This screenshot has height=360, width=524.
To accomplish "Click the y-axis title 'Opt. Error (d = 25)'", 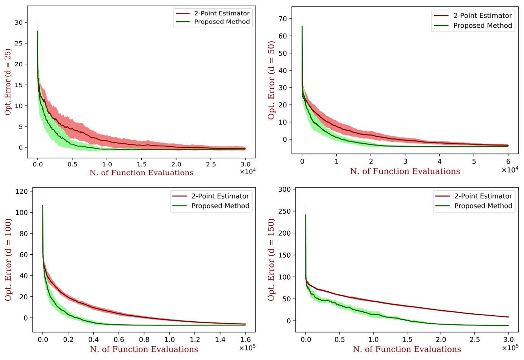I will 8,82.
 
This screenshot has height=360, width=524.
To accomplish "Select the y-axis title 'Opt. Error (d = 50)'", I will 271,80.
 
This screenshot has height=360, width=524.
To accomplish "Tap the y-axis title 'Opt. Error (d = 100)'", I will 8,260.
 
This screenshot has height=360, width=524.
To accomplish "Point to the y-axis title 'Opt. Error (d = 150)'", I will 271,260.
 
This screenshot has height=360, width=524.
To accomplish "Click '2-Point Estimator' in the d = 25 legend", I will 222,13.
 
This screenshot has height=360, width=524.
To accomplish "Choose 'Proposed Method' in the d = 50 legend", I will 482,25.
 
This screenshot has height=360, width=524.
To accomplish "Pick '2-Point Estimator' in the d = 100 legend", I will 220,196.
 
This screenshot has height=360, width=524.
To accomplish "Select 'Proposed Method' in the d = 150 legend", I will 483,206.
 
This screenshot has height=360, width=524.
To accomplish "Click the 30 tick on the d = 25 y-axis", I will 19,22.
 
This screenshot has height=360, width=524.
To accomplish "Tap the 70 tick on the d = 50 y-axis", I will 283,19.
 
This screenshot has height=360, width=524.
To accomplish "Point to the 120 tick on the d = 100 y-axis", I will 22,191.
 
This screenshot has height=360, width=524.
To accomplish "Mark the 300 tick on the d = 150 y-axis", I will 285,189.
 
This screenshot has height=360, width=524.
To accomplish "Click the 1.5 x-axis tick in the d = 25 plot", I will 142,164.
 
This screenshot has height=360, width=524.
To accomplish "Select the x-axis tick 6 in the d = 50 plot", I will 508,161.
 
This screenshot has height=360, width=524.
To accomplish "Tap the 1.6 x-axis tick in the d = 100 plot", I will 246,339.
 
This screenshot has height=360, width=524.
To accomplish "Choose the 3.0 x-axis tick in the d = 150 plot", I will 508,339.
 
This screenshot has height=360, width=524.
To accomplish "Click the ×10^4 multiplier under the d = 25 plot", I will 247,172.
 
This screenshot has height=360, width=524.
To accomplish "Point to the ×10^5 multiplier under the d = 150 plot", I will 510,347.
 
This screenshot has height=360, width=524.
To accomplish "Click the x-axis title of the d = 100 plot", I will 144,349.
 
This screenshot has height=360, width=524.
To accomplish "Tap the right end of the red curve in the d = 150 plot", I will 508,317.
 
